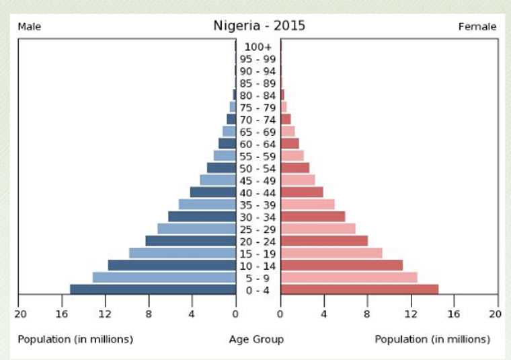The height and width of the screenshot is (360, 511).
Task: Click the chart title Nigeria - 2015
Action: click(259, 26)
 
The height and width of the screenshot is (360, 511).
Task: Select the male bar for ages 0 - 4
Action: click(153, 289)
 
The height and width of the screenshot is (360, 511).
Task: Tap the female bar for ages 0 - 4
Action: click(360, 289)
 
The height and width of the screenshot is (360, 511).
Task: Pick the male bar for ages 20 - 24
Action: click(190, 241)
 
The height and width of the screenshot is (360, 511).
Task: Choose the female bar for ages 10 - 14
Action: click(342, 265)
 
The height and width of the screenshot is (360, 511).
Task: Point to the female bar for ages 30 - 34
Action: click(313, 217)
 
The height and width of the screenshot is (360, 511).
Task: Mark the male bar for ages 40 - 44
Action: click(213, 192)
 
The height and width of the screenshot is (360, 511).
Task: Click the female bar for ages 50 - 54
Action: click(295, 168)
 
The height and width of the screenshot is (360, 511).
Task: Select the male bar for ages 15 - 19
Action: click(182, 253)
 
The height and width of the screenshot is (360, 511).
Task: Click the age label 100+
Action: click(258, 47)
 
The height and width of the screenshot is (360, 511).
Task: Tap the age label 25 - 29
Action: click(258, 229)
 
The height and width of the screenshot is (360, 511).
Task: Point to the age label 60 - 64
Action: click(258, 144)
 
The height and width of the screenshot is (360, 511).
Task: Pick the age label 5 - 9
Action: click(258, 278)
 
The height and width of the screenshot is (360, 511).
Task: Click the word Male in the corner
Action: click(30, 27)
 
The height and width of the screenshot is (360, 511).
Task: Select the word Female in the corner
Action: click(477, 27)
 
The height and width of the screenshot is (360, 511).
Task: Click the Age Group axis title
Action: click(256, 339)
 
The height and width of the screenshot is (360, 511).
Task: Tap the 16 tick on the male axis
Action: click(62, 314)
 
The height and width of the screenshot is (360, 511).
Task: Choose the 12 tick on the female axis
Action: click(411, 314)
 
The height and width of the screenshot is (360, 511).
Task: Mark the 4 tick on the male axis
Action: click(192, 314)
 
